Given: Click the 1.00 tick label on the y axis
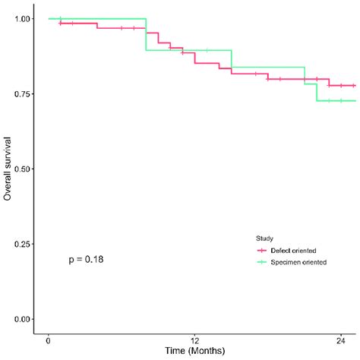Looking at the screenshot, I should tap(23, 18).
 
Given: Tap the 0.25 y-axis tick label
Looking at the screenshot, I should tap(23, 244).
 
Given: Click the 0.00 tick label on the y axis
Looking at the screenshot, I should tap(23, 319).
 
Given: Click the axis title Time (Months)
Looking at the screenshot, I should tap(195, 352).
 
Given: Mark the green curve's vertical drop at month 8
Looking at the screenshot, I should tap(146, 34).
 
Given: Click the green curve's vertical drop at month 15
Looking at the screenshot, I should tap(231, 58).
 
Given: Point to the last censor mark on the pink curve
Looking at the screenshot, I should tap(352, 85).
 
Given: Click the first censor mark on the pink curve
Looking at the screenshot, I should tap(61, 23).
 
